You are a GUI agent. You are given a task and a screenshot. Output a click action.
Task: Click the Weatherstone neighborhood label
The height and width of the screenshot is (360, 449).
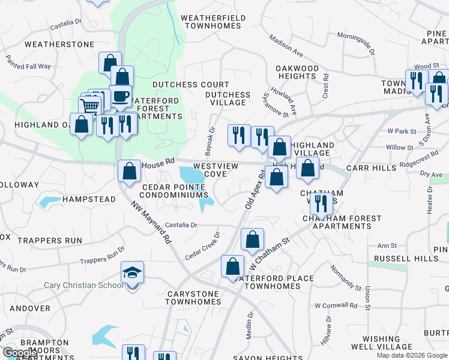click(59, 44)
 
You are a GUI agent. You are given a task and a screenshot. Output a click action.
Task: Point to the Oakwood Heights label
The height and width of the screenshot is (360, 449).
click(297, 72)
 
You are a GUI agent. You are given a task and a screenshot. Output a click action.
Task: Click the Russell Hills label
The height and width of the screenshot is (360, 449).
click(406, 259)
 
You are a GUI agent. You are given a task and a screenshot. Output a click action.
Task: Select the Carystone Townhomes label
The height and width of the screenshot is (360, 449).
click(193, 302)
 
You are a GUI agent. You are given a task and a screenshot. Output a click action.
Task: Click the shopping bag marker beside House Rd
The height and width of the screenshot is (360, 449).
click(129, 171)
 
